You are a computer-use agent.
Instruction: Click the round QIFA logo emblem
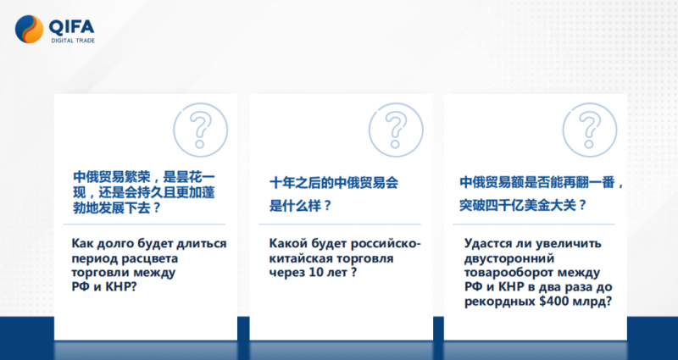(x=29, y=30)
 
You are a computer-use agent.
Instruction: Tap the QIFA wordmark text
(x=71, y=27)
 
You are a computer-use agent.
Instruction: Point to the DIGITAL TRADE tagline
(x=73, y=41)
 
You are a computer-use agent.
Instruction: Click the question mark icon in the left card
(x=201, y=130)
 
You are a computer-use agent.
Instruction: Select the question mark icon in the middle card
(x=396, y=130)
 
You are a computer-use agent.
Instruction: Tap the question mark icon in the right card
(x=590, y=130)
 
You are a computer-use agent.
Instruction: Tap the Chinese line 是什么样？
(x=300, y=205)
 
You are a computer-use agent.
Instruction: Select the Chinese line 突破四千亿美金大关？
(x=523, y=205)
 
